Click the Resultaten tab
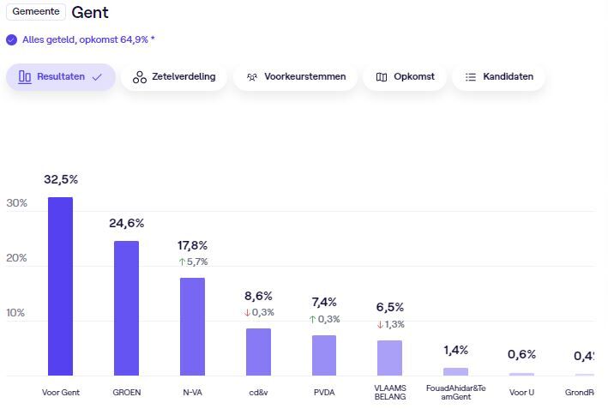(x=60, y=77)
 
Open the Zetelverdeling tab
(x=174, y=77)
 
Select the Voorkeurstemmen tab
(x=295, y=77)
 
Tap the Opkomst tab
(x=404, y=77)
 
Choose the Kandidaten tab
(x=498, y=77)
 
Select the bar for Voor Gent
(x=60, y=286)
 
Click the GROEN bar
(x=126, y=308)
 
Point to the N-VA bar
(x=192, y=326)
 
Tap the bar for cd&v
(x=258, y=352)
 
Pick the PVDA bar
(x=324, y=355)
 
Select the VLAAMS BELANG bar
(x=389, y=358)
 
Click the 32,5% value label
(x=61, y=179)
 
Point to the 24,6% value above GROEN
(x=126, y=223)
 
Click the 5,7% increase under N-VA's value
(x=193, y=262)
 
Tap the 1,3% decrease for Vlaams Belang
(x=390, y=324)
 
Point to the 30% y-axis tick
(x=16, y=203)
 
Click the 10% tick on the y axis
(x=16, y=313)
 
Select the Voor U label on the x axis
(x=521, y=392)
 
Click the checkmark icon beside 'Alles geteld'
(x=11, y=39)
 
